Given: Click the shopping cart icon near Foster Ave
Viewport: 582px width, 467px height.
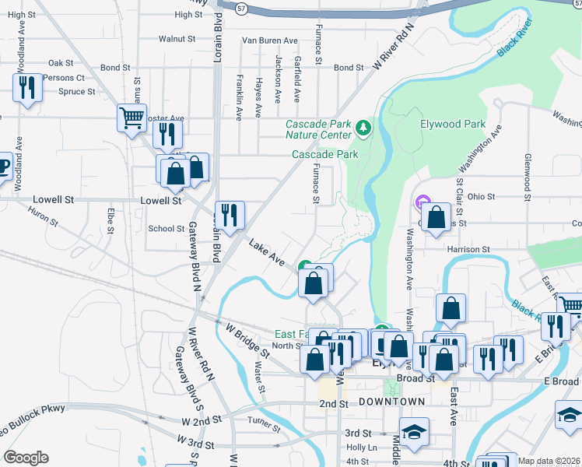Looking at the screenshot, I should [132, 119].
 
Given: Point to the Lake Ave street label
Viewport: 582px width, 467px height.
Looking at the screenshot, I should [267, 252].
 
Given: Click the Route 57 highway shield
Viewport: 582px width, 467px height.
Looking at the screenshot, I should [243, 7].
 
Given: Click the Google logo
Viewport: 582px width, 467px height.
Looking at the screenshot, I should [26, 458].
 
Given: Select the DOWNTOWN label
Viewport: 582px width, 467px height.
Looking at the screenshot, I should [392, 402].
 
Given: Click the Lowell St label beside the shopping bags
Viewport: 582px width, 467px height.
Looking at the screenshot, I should [160, 200].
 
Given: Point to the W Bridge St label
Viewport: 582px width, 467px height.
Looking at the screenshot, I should [247, 342].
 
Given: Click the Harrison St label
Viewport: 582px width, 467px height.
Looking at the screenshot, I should [468, 249].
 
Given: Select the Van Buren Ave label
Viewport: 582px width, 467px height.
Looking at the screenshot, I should [270, 40].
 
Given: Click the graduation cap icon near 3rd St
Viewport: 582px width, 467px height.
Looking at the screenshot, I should [414, 432].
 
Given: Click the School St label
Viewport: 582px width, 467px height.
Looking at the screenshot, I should [166, 228].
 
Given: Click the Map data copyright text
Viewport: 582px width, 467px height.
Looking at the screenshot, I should [549, 461].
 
